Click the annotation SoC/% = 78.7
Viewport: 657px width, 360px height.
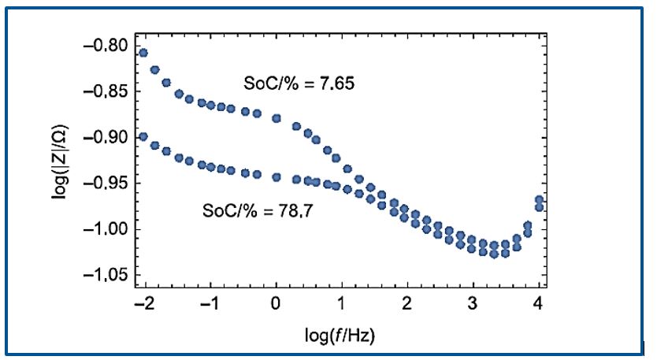tap(249, 211)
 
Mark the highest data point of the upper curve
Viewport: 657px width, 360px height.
tap(143, 53)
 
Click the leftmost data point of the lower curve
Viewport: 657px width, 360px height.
tap(143, 136)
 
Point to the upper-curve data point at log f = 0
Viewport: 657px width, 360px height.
tap(276, 118)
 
